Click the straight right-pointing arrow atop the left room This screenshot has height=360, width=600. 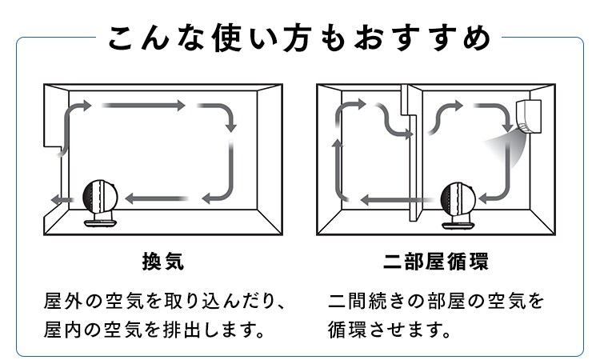[x=144, y=105]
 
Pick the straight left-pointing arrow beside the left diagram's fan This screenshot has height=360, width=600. [x=157, y=198]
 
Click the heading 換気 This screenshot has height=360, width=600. [x=162, y=262]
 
